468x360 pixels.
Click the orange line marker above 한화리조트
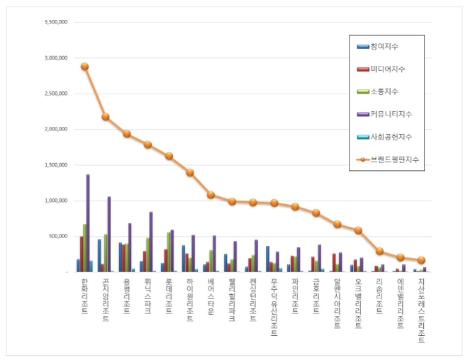point(84,67)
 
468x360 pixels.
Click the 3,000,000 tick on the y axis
point(55,57)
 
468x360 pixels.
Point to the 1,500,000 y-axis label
point(55,164)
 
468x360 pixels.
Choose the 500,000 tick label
point(58,236)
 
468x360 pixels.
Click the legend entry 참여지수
point(384,47)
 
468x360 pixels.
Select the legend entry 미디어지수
point(386,69)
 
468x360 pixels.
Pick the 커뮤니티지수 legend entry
point(390,113)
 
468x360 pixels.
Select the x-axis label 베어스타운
point(211,296)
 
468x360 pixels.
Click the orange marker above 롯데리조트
point(169,156)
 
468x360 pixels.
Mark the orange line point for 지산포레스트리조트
point(421,260)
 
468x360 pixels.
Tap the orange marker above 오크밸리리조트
point(358,230)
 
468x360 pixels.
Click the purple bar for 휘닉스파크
point(151,242)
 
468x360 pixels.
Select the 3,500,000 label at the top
point(55,22)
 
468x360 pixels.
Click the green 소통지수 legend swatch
point(362,91)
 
